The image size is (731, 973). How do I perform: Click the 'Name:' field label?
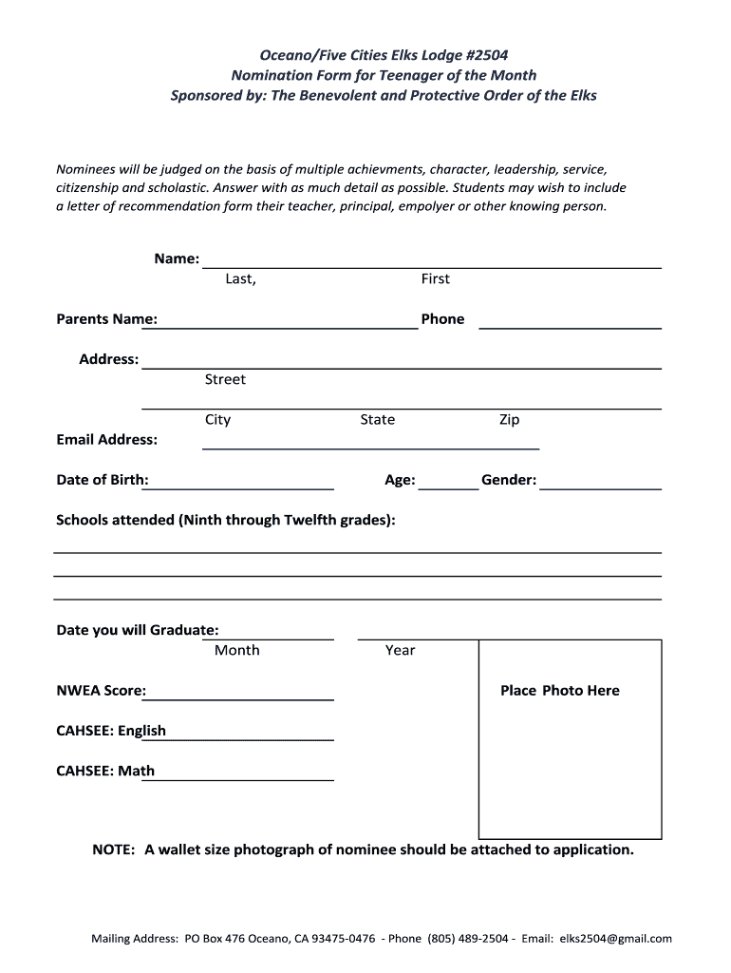point(177,258)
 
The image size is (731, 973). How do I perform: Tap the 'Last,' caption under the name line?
point(240,278)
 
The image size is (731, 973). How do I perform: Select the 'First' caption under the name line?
point(435,278)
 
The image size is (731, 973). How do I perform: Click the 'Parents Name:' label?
point(107,319)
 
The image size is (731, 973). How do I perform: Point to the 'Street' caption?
point(225,379)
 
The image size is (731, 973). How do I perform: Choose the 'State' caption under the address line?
point(377,420)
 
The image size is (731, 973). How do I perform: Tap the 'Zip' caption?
point(509,420)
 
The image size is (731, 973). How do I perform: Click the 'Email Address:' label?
point(107,440)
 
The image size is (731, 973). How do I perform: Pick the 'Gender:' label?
point(509,480)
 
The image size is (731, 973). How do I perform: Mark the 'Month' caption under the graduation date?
point(236,650)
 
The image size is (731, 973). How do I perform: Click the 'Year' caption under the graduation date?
point(400,650)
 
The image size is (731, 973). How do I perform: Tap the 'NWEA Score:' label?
point(102,691)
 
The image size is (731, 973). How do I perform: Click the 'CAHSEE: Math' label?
point(105,771)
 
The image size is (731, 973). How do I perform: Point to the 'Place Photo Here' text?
point(559,691)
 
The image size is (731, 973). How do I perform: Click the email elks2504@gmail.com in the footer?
point(616,939)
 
